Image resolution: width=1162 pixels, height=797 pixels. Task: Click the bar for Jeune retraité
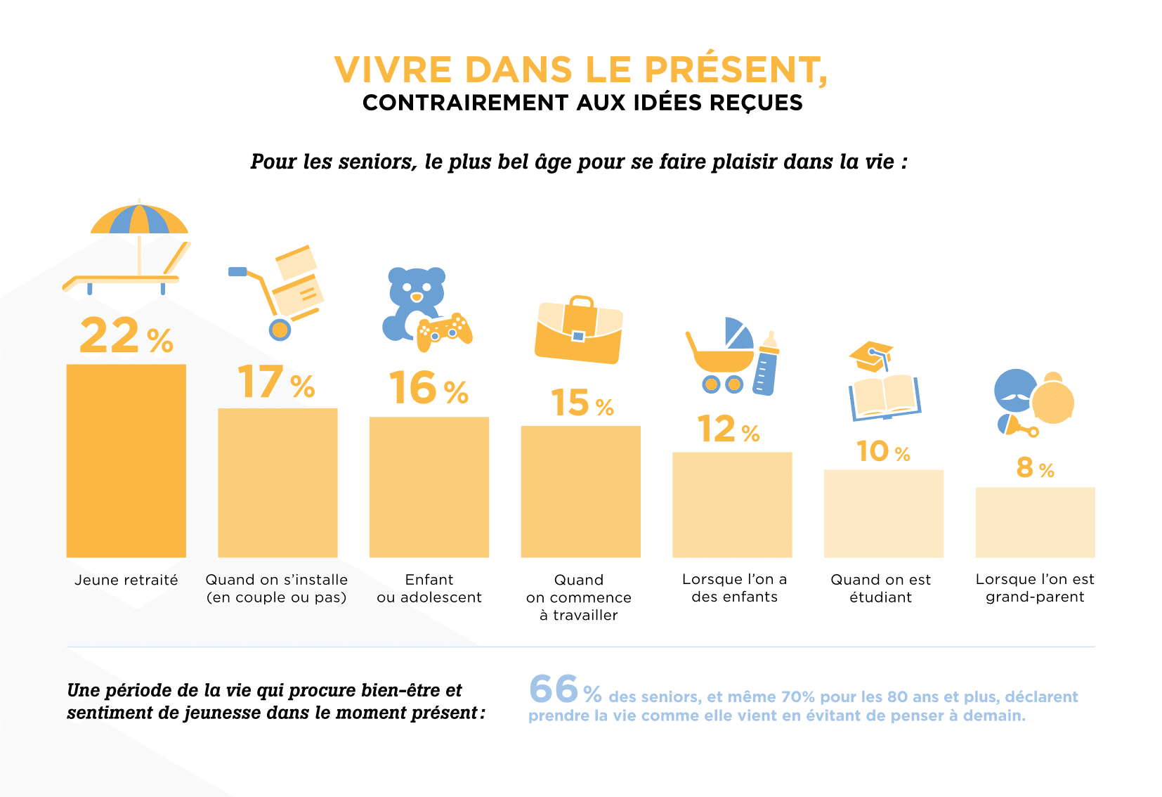[x=126, y=460]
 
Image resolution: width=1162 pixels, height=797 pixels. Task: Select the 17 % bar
[x=278, y=483]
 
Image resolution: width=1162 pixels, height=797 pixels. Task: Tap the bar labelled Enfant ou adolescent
[x=429, y=487]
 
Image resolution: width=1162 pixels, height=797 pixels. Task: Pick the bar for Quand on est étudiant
[x=884, y=514]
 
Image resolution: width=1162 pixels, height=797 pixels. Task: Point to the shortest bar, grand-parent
[x=1035, y=522]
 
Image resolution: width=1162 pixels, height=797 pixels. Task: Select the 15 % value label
[x=581, y=403]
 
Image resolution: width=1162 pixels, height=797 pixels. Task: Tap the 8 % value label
[x=1034, y=468]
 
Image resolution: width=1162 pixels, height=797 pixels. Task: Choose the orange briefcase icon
[x=579, y=330]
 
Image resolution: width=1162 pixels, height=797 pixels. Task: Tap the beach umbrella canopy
[x=139, y=219]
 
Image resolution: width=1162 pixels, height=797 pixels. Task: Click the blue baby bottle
[x=766, y=365]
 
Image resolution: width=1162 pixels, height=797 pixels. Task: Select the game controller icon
[x=444, y=332]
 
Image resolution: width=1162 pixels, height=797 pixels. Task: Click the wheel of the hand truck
[x=280, y=329]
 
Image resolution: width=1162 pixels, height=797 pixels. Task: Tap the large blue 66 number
[x=554, y=689]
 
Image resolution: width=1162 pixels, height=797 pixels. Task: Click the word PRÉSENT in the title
[x=735, y=70]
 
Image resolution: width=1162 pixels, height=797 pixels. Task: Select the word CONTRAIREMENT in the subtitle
[x=465, y=103]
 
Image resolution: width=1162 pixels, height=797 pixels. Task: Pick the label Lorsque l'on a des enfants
[x=734, y=588]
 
